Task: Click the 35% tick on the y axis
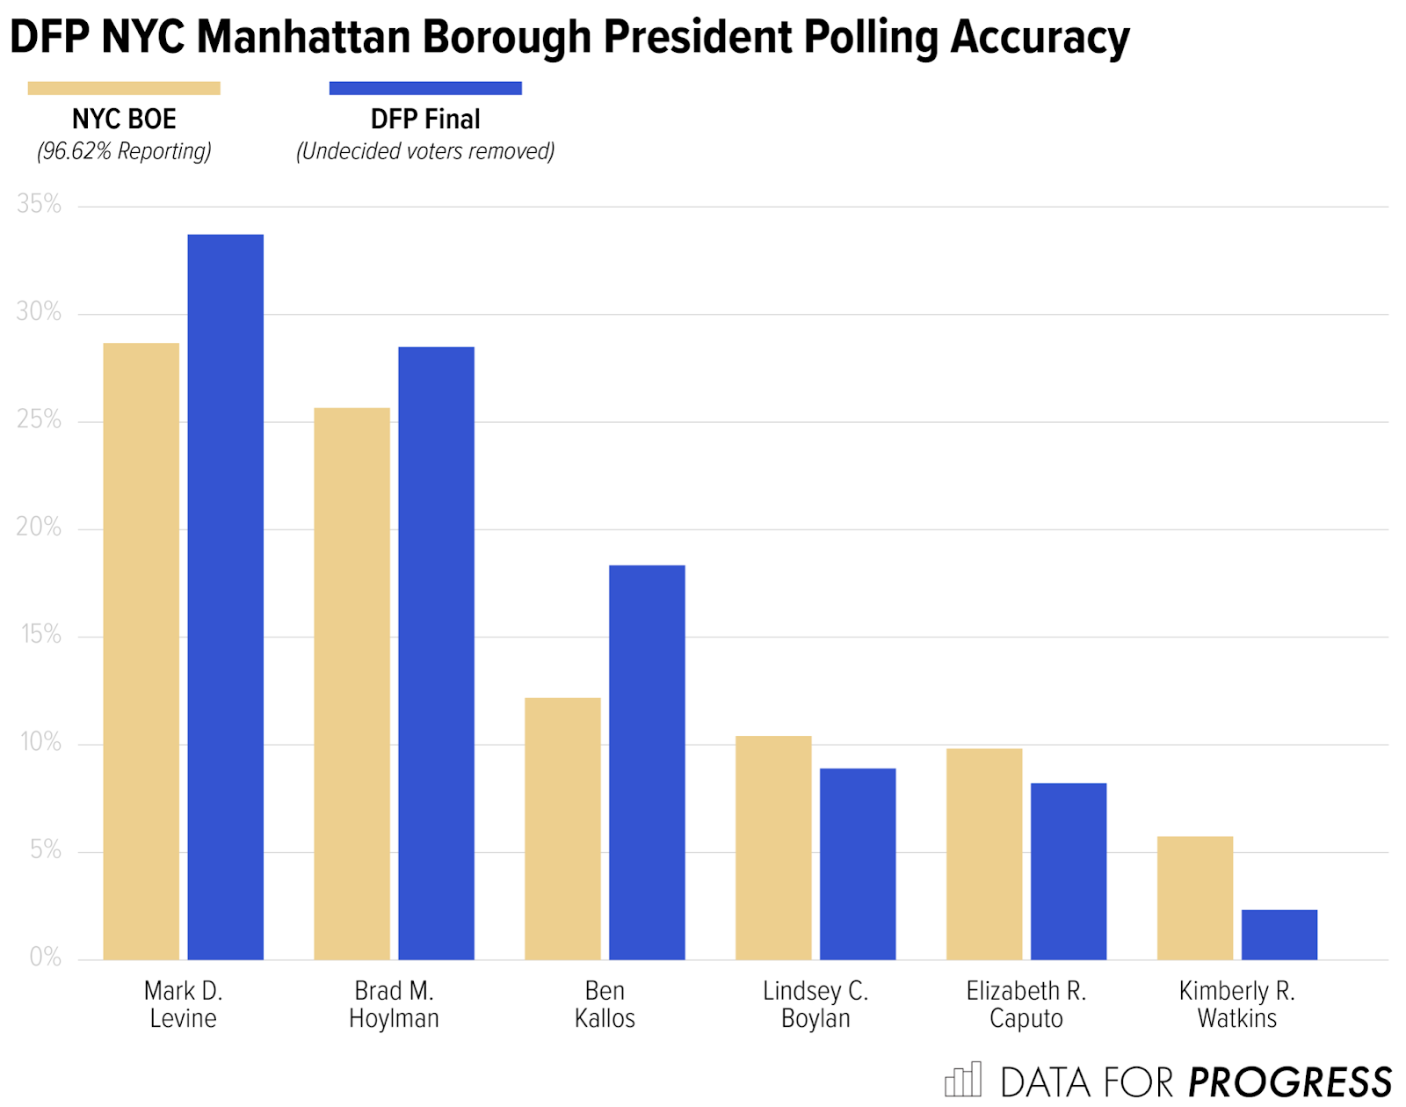(x=40, y=204)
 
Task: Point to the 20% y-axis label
(x=40, y=527)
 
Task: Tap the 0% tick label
(x=45, y=957)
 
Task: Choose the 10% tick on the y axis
(x=40, y=742)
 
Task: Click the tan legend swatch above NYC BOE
(x=124, y=88)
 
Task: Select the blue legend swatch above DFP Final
(x=425, y=88)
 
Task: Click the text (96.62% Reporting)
(x=124, y=151)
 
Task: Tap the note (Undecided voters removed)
(x=425, y=151)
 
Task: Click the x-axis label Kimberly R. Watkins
(x=1236, y=1004)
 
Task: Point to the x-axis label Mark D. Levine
(x=183, y=1004)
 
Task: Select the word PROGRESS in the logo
(x=1289, y=1082)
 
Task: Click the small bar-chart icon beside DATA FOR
(x=963, y=1080)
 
